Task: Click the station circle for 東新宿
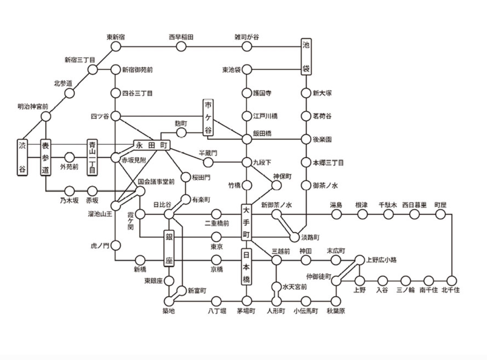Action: point(116,46)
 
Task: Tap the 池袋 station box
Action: point(306,57)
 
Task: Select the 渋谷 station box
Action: point(23,157)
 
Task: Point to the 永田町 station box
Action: point(152,145)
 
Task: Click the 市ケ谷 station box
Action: point(208,118)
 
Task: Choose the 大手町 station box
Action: point(246,222)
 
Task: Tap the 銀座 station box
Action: point(169,248)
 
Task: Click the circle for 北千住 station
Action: point(452,281)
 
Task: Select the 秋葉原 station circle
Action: point(336,302)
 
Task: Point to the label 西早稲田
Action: point(181,37)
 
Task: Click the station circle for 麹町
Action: point(181,133)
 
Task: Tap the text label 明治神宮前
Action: point(33,107)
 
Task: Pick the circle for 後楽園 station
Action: point(306,139)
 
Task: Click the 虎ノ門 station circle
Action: point(116,246)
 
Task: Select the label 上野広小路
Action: point(381,260)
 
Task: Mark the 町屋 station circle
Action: point(440,214)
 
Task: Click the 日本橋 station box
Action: point(246,267)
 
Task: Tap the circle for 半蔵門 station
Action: point(208,162)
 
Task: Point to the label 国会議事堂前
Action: point(156,182)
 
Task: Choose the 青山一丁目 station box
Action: point(92,157)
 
